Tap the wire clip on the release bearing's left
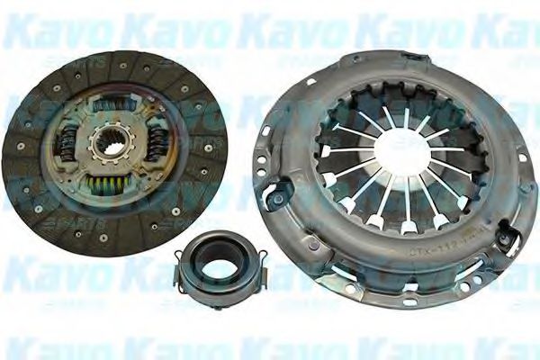[179, 266]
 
